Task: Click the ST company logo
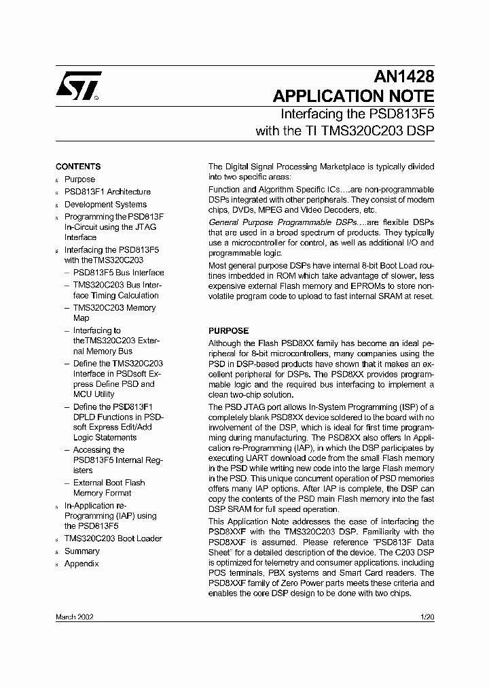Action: [x=79, y=86]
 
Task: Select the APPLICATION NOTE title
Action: [x=353, y=96]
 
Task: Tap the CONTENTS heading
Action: [x=78, y=167]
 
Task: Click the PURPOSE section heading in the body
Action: [x=228, y=331]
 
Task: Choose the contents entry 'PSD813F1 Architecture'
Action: [x=107, y=192]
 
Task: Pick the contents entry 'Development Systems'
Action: [x=105, y=204]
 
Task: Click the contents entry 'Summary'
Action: [x=81, y=551]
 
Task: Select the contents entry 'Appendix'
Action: [x=81, y=564]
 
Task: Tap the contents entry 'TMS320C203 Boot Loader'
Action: [x=113, y=538]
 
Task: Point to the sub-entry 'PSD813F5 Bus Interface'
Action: [x=118, y=273]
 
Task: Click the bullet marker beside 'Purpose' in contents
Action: [x=57, y=180]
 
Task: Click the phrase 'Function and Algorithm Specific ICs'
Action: [x=269, y=190]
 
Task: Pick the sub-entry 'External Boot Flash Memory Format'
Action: [x=109, y=487]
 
